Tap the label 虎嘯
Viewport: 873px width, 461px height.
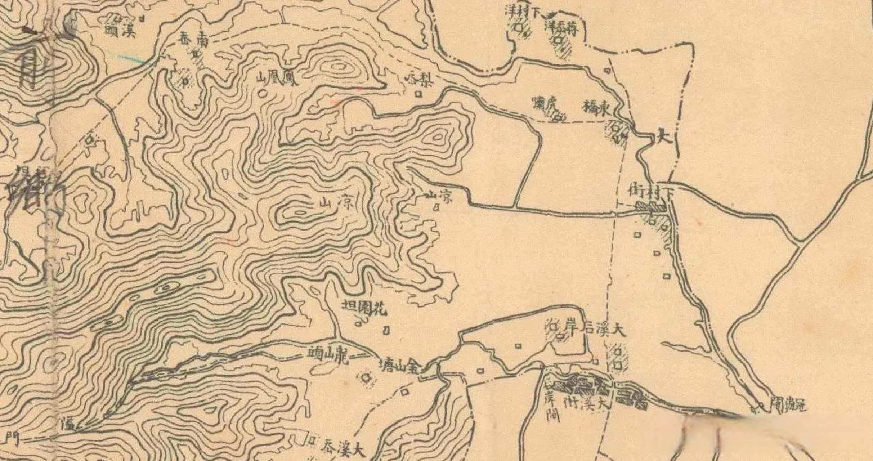tap(545, 105)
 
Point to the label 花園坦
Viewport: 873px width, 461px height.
tap(364, 309)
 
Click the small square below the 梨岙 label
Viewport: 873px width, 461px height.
tap(418, 94)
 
